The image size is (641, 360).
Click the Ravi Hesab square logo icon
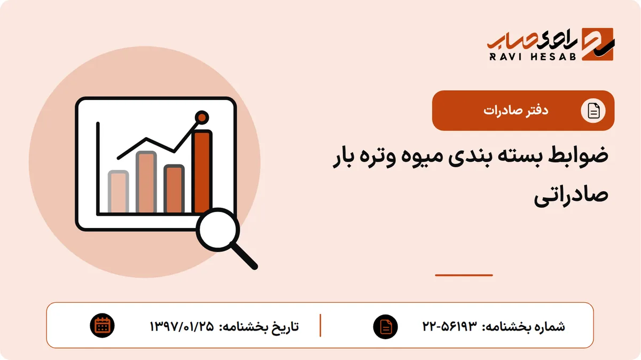tap(598, 44)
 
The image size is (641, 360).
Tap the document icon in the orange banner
tap(593, 111)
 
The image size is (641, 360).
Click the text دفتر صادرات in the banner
tap(516, 111)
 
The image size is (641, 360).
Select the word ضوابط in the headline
tap(579, 155)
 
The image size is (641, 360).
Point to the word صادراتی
tap(571, 195)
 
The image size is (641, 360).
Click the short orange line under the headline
tap(464, 275)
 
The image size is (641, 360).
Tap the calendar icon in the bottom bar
tap(102, 326)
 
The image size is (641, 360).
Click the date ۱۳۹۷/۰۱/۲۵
tap(182, 326)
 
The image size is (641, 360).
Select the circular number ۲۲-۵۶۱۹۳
tap(450, 326)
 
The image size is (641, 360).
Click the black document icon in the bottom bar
tap(386, 327)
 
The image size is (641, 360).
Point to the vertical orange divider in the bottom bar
tap(320, 325)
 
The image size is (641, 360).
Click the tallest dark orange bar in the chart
tap(202, 171)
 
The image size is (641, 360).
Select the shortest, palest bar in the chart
tap(118, 192)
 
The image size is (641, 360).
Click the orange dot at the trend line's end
tap(202, 118)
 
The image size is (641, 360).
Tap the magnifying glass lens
tap(218, 230)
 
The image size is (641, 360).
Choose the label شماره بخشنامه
tap(523, 326)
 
